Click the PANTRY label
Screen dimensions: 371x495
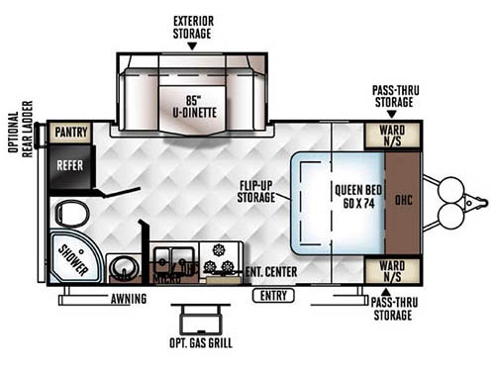pyautogui.click(x=70, y=132)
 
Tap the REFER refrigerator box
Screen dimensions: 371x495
pyautogui.click(x=69, y=166)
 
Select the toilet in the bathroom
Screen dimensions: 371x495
pyautogui.click(x=70, y=213)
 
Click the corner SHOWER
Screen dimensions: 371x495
pyautogui.click(x=71, y=256)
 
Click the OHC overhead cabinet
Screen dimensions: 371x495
pyautogui.click(x=404, y=201)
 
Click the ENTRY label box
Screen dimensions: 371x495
pyautogui.click(x=271, y=296)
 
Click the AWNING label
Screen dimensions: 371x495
pyautogui.click(x=129, y=298)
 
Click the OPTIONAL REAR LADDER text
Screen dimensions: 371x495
pyautogui.click(x=22, y=139)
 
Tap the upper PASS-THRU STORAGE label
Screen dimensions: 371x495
pyautogui.click(x=392, y=96)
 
